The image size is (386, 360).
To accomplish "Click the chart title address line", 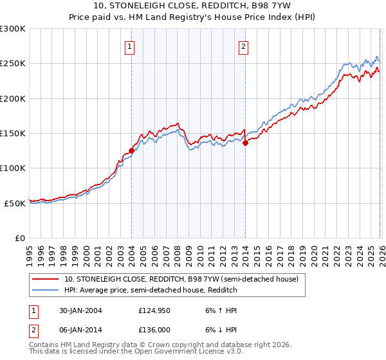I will (193, 6).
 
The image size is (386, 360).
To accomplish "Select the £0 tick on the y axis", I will (21, 238).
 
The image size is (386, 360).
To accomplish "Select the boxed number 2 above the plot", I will (244, 46).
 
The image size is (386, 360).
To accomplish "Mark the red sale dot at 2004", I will (132, 150).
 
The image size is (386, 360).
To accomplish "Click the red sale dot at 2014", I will (245, 143).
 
